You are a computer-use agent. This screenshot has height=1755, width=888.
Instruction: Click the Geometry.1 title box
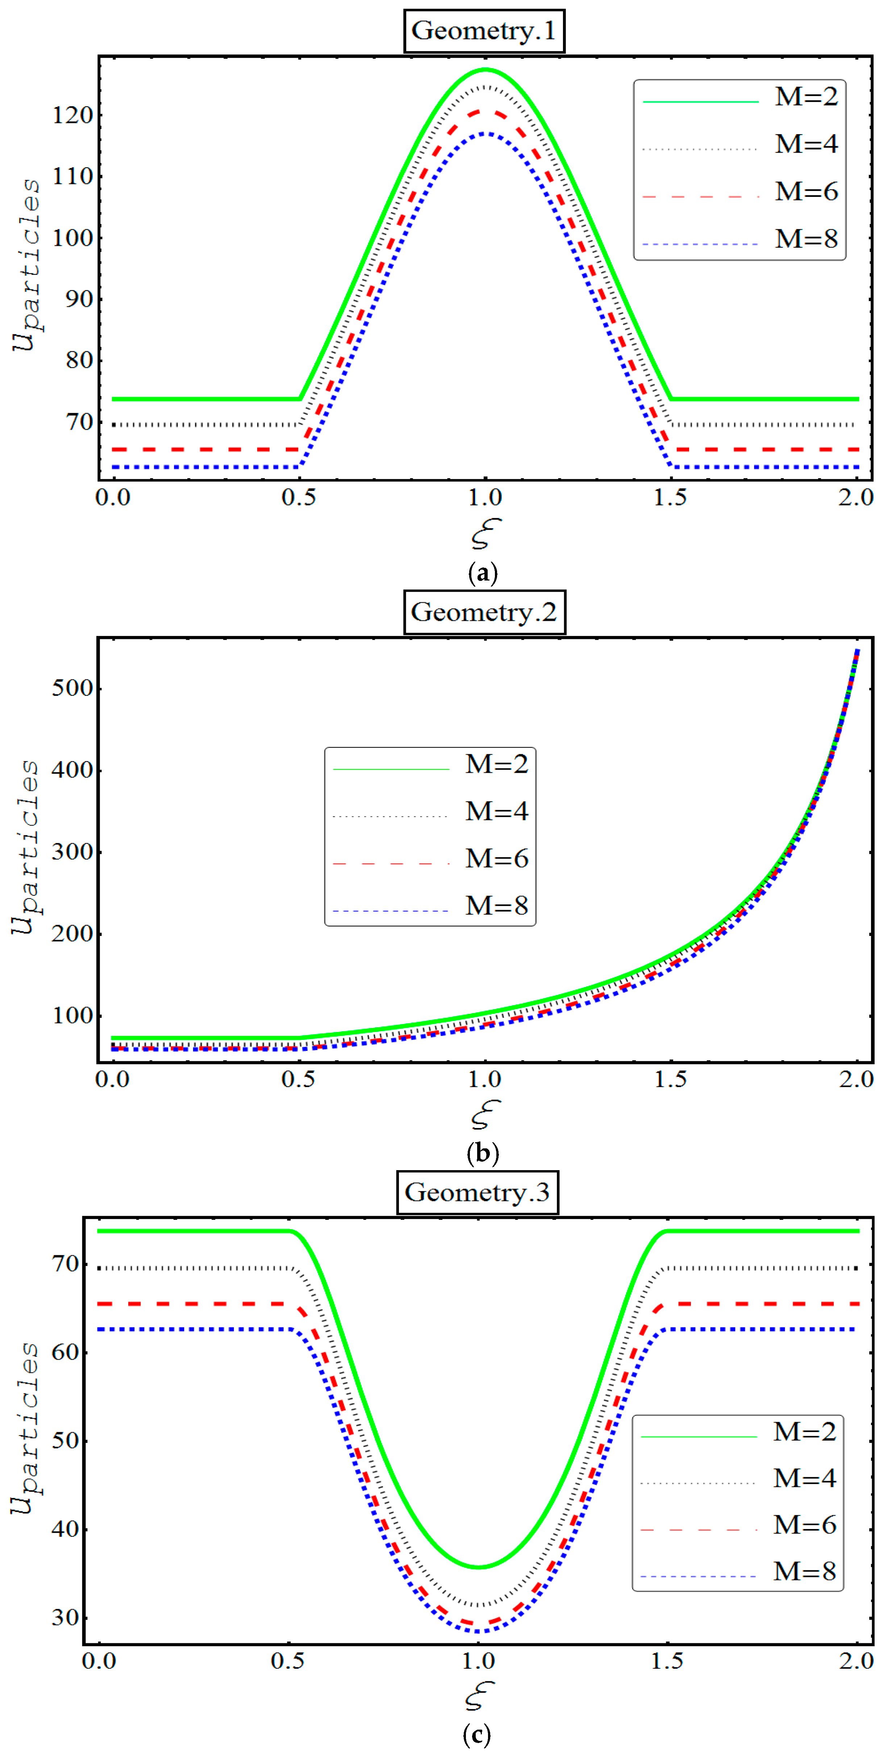[484, 31]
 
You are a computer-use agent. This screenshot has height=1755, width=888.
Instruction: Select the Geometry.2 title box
[484, 612]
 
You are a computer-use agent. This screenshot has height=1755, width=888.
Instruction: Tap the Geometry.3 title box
[478, 1192]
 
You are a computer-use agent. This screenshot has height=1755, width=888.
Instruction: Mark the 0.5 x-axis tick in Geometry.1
[299, 497]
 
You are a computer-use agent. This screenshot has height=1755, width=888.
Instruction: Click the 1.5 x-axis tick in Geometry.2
[671, 1079]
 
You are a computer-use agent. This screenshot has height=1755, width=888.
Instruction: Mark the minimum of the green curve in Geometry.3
[479, 1567]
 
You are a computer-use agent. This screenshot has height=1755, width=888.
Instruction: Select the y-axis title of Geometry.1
[26, 266]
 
